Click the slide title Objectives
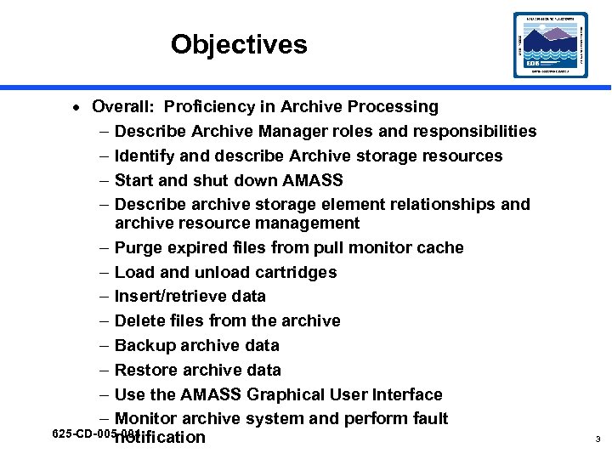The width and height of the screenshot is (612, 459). tap(239, 44)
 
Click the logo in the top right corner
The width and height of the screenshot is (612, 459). tap(550, 45)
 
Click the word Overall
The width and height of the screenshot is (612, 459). tap(122, 107)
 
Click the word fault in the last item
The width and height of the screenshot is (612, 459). tap(428, 419)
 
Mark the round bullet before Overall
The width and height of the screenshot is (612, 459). tap(76, 108)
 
